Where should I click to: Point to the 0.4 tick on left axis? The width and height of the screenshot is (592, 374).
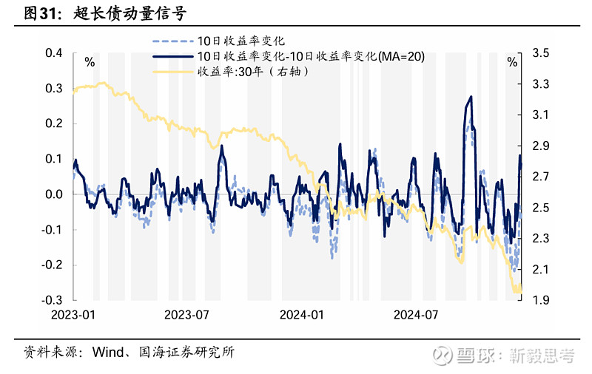53,53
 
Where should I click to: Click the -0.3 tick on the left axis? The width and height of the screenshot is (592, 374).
51,300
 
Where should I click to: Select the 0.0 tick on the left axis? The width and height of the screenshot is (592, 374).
53,194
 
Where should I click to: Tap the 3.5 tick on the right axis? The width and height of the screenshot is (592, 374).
539,53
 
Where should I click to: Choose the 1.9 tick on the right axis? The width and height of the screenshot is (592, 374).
539,300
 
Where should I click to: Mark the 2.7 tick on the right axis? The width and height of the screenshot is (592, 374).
539,177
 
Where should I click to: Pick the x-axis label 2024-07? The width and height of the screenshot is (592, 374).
416,315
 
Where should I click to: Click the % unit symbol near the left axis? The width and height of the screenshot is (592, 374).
90,62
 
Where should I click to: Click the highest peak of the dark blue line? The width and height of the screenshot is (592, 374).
471,97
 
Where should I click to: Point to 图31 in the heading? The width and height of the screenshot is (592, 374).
41,13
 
